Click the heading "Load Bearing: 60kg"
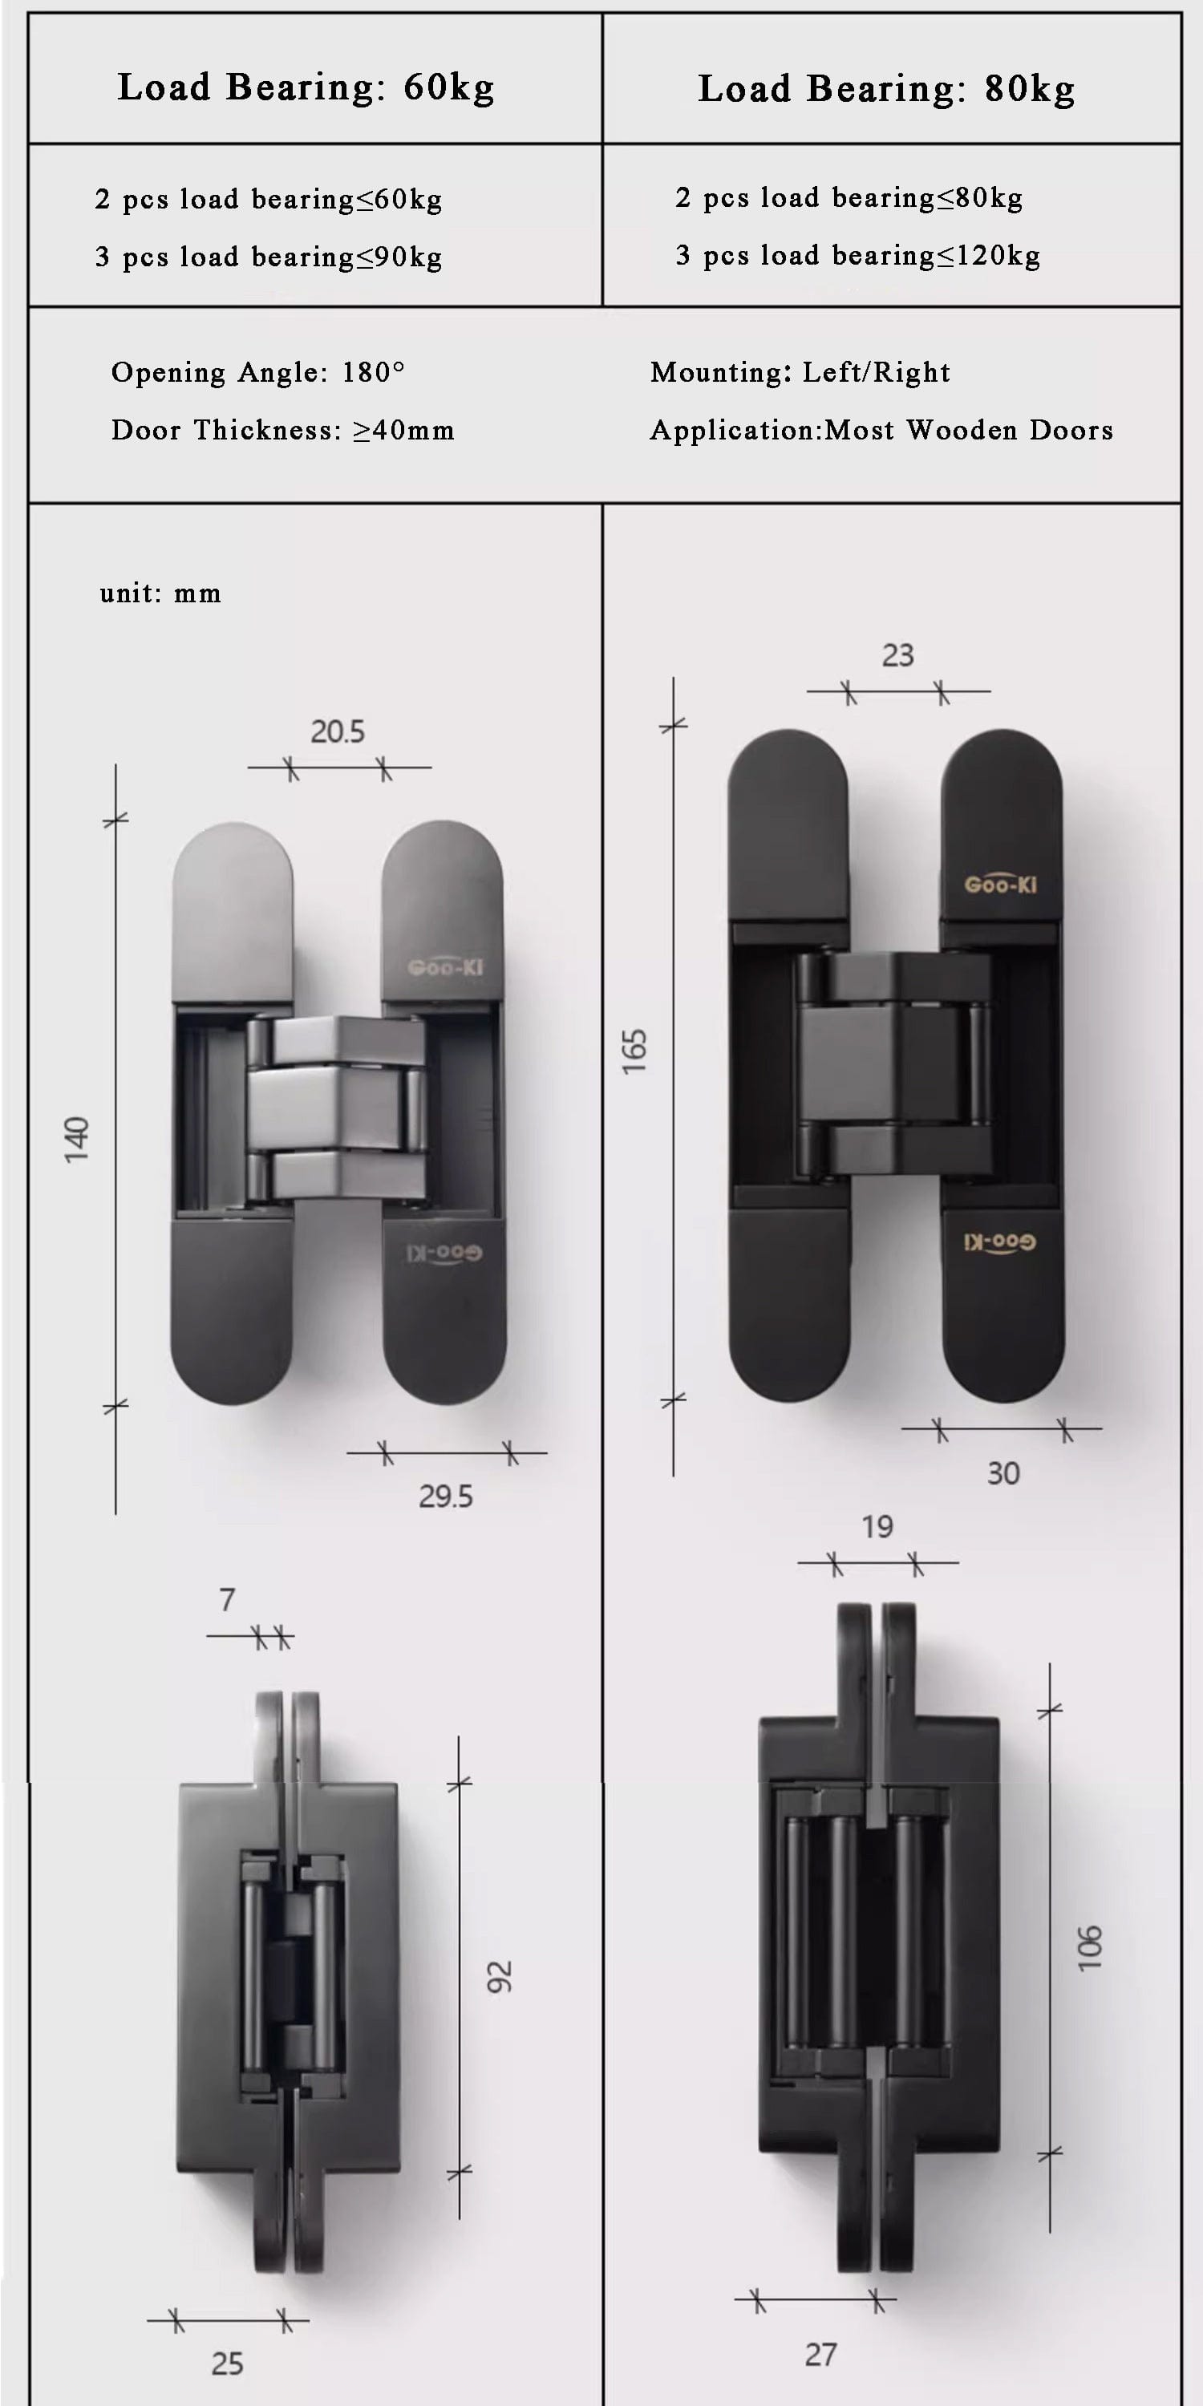click(x=306, y=87)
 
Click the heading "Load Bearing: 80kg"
click(x=886, y=89)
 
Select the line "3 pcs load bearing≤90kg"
click(x=268, y=257)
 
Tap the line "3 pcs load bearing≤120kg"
click(x=857, y=255)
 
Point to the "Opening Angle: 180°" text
click(x=257, y=373)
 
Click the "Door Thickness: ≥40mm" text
click(x=283, y=431)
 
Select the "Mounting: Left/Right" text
click(x=800, y=373)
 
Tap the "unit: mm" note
click(x=160, y=593)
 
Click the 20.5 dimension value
click(x=337, y=731)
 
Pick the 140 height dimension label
click(x=76, y=1139)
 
